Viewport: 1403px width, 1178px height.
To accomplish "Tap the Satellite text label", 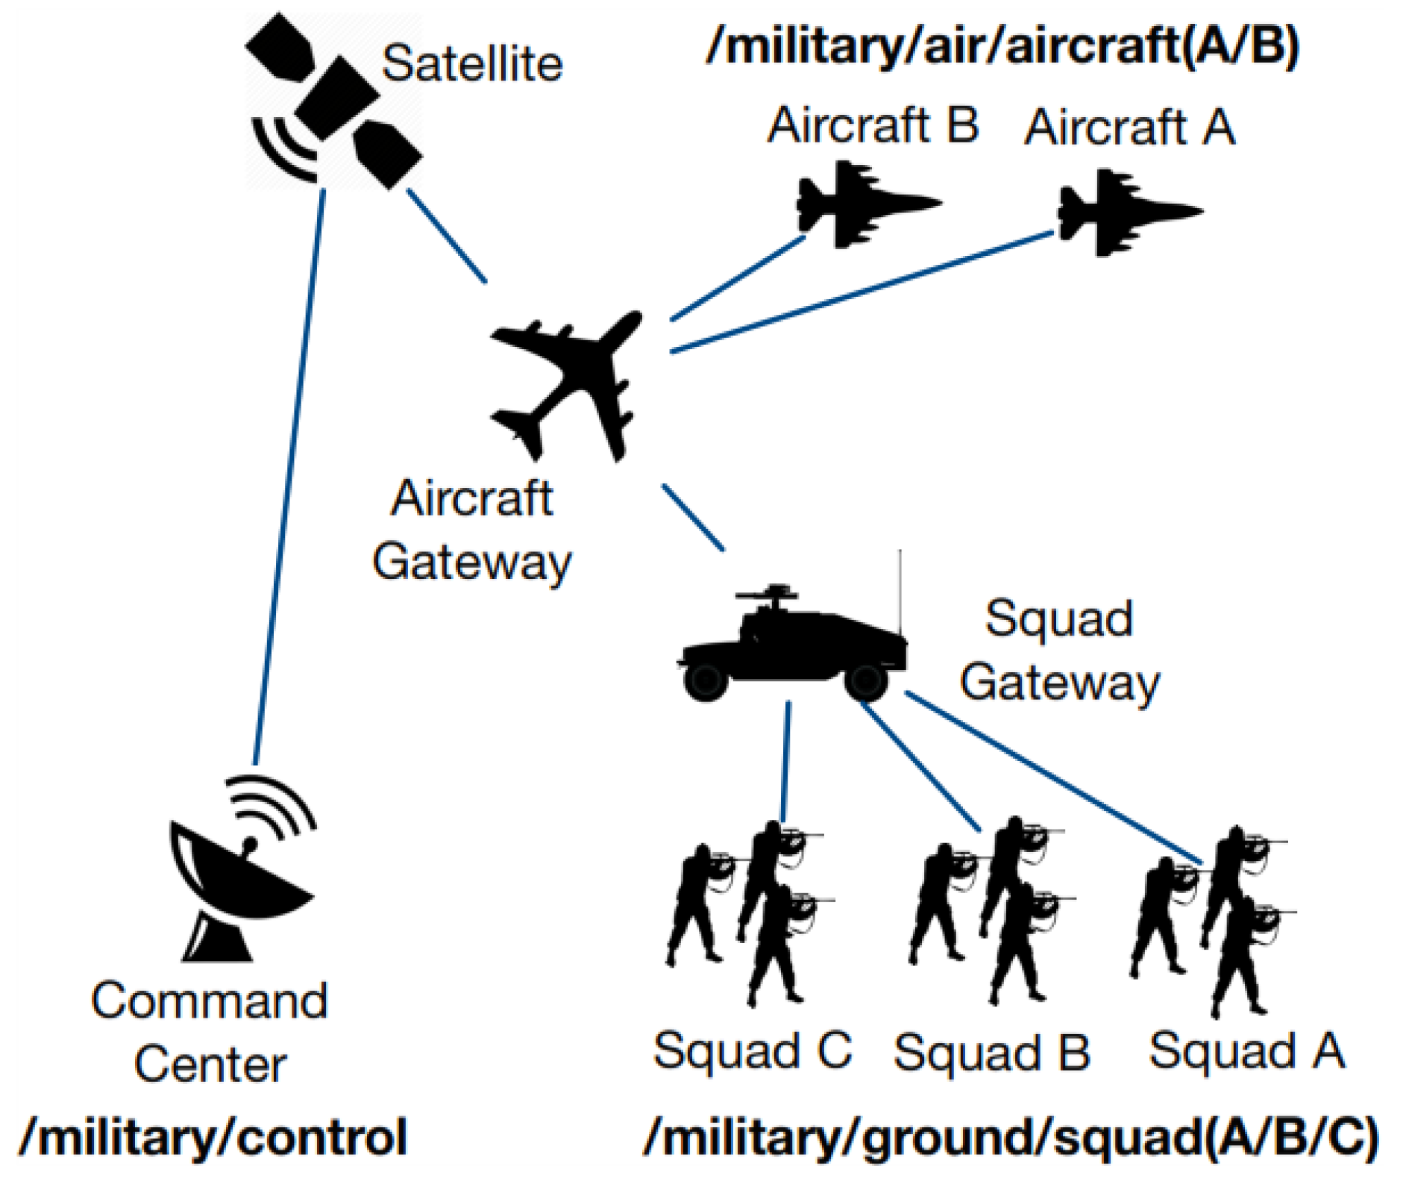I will tap(472, 63).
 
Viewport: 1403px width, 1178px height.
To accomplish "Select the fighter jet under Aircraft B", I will tap(865, 204).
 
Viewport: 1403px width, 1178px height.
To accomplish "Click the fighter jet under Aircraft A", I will tap(1126, 213).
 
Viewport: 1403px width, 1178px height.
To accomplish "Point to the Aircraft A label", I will tap(1129, 128).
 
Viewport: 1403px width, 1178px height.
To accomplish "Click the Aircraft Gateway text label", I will tap(471, 530).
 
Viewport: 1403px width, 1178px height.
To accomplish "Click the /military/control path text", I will tap(213, 1137).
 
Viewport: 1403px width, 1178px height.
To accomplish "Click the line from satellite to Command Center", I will tap(289, 477).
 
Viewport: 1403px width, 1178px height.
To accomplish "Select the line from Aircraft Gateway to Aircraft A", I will tap(861, 292).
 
